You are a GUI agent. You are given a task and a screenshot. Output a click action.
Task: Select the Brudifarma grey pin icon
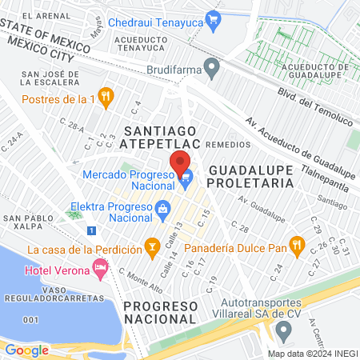pos(211,69)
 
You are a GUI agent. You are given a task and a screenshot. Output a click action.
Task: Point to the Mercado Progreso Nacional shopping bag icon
pos(186,181)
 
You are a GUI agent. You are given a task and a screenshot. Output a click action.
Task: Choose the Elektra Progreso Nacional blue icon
pos(163,211)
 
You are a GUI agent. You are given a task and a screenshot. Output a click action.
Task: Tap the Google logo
pos(26,350)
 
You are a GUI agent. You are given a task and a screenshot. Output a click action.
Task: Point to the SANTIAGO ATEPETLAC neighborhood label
pos(158,136)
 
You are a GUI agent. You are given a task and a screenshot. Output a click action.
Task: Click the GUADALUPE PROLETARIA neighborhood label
pos(251,177)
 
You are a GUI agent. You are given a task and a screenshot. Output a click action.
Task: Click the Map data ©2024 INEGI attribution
pos(311,353)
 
